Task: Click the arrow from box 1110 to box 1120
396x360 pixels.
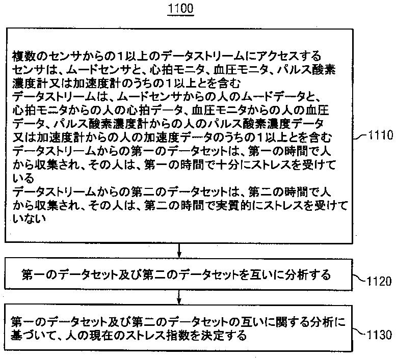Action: pos(179,250)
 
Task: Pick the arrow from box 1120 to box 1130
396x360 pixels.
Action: pos(179,296)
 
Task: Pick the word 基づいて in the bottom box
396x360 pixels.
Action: pos(32,336)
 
